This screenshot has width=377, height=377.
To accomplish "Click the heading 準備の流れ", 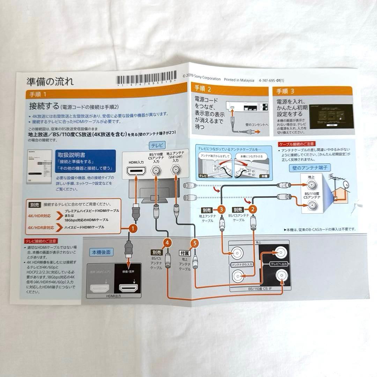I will click(x=50, y=82).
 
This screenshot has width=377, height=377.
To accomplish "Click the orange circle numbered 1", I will click(x=132, y=228).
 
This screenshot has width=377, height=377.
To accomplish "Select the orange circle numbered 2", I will click(x=252, y=209).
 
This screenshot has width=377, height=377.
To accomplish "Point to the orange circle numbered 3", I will click(x=221, y=209).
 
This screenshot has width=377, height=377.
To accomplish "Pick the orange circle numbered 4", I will click(x=167, y=242).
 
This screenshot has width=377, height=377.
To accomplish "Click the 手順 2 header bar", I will click(x=228, y=90).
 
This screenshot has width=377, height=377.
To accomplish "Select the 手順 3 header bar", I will click(x=313, y=91).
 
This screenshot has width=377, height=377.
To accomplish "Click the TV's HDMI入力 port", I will click(x=137, y=171).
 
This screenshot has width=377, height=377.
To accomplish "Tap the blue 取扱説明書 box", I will click(x=85, y=161).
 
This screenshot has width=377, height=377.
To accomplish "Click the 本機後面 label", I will click(x=101, y=251).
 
